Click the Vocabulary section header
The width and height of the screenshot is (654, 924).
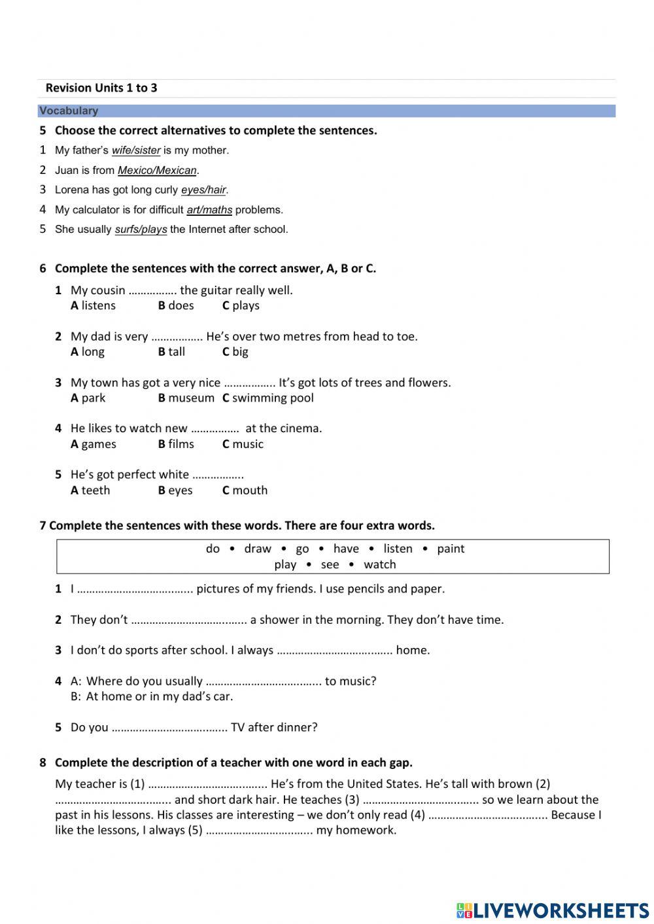tap(69, 111)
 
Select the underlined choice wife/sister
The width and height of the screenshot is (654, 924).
tap(136, 150)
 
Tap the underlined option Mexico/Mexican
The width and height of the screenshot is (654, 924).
tap(157, 171)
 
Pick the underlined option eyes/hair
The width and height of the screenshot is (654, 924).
tap(203, 190)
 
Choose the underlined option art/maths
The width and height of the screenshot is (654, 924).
tap(209, 210)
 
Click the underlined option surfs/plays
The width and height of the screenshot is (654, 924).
tap(141, 230)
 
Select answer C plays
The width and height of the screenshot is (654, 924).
tap(241, 305)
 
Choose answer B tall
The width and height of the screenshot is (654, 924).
tap(171, 352)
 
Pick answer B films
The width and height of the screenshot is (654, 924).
tap(176, 444)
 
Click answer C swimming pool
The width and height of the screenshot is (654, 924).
tap(267, 398)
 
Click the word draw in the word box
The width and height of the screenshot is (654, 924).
tap(258, 549)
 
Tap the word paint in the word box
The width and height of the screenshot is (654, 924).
tap(451, 549)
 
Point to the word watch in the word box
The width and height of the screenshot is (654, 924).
tap(380, 564)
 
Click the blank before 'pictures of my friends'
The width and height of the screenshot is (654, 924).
tap(135, 589)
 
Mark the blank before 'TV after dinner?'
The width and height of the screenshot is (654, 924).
tap(169, 728)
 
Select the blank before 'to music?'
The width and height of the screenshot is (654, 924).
tap(264, 681)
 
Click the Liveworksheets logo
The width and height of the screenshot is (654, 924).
tap(553, 910)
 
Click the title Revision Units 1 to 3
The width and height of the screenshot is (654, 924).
tap(101, 88)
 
